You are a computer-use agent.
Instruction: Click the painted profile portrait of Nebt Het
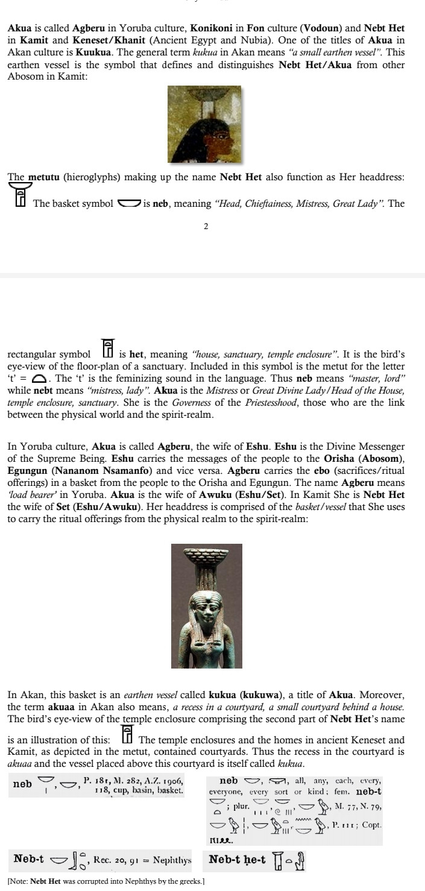(204, 124)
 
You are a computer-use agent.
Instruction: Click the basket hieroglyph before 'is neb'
(128, 203)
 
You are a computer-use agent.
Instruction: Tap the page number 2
(206, 227)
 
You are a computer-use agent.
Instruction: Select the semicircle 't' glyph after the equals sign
(39, 379)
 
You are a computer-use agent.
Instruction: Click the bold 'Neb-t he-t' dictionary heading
(237, 860)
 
